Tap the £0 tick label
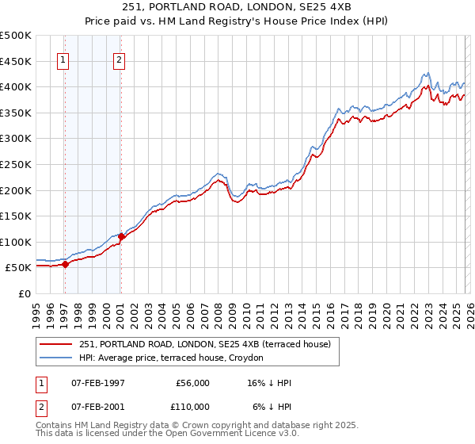coord(24,293)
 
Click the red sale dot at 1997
coord(66,265)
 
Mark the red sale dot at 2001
coord(121,236)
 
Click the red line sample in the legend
coord(56,343)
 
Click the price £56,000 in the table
coord(192,383)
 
